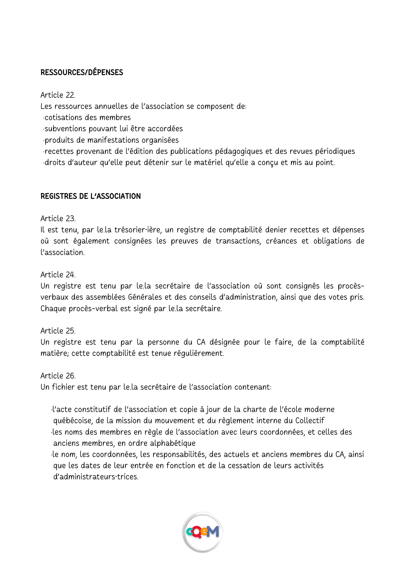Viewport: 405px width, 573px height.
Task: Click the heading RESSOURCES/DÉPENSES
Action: click(82, 72)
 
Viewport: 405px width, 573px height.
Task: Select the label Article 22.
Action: click(58, 95)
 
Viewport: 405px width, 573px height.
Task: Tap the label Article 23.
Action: click(58, 219)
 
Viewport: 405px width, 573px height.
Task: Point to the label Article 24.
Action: click(58, 275)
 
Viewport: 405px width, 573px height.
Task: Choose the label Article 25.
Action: click(58, 331)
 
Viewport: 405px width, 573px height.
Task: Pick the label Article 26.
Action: click(58, 376)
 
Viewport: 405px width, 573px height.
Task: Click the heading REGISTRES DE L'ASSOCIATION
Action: click(91, 196)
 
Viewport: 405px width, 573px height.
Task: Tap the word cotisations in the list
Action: click(63, 118)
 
